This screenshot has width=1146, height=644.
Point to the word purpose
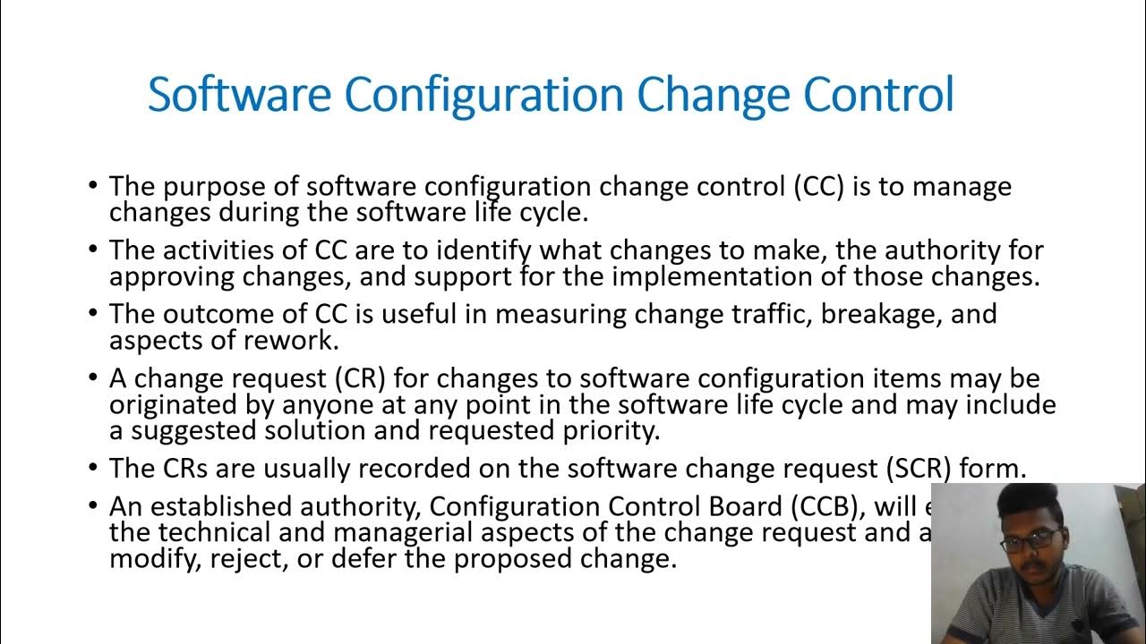tap(207, 188)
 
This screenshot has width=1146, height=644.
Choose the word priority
tap(608, 430)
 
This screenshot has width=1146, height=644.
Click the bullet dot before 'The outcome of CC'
tap(94, 313)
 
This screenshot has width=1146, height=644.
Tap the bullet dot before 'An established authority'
tap(94, 505)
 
